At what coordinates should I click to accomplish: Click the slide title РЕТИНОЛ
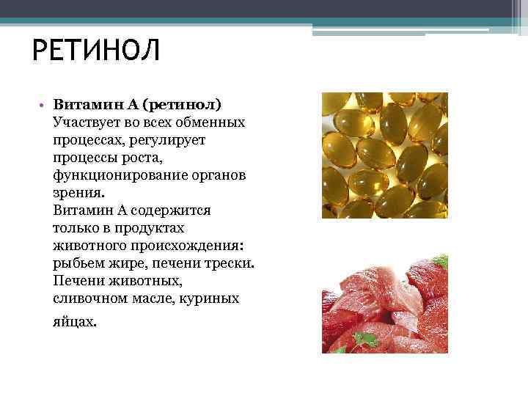(x=96, y=51)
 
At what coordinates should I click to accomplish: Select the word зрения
(x=78, y=192)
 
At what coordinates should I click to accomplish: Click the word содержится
(x=175, y=210)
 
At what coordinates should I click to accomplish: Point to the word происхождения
(x=187, y=246)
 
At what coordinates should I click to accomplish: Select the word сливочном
(x=87, y=298)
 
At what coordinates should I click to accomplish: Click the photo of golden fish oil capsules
(x=384, y=155)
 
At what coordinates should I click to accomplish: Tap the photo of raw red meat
(x=384, y=308)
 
